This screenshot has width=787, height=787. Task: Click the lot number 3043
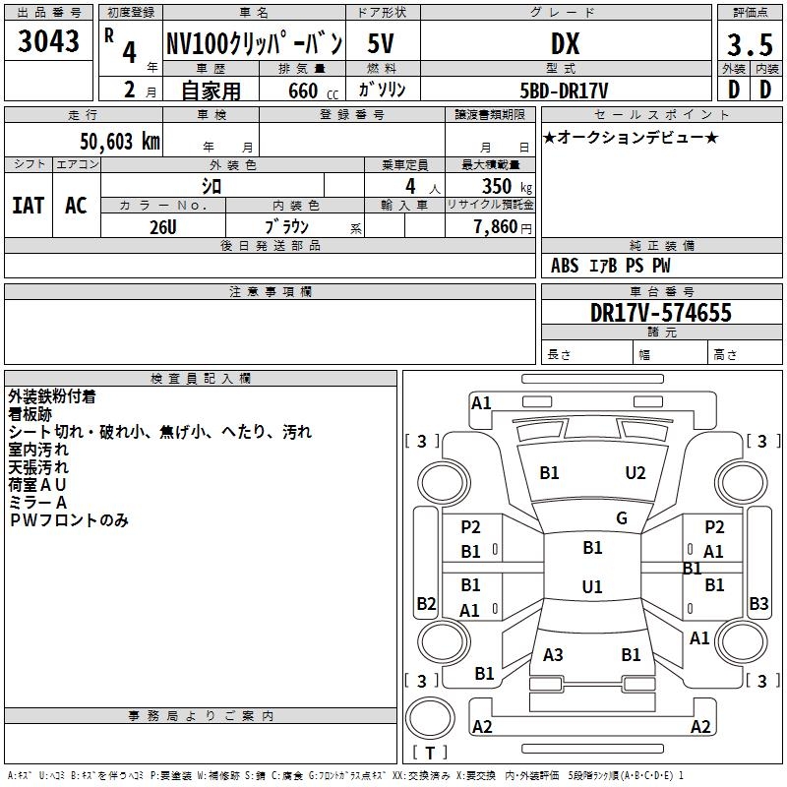(48, 40)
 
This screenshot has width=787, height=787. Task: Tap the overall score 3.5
(750, 44)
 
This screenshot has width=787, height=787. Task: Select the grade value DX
(565, 43)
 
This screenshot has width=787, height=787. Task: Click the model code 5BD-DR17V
(564, 91)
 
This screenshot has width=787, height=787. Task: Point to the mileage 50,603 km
(120, 141)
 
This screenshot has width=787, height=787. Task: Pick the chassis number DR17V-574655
(661, 313)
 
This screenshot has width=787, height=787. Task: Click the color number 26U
(163, 227)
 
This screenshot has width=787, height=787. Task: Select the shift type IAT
(29, 206)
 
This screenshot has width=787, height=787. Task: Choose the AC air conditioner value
(76, 206)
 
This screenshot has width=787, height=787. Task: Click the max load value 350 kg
(507, 186)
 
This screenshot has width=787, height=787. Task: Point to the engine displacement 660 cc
(313, 91)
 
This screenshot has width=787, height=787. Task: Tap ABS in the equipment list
(565, 266)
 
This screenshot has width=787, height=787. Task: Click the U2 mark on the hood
(636, 473)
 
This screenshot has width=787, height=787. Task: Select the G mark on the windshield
(622, 518)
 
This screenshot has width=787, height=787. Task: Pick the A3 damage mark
(553, 655)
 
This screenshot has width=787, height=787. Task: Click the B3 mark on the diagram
(758, 603)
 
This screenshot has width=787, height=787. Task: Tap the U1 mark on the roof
(592, 586)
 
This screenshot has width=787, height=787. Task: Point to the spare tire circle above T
(430, 718)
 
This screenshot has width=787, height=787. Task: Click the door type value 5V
(381, 43)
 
